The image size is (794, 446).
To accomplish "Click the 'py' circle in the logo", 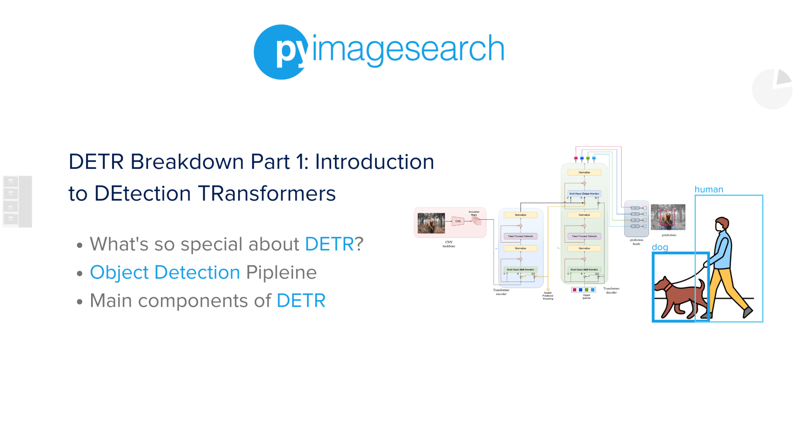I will pyautogui.click(x=281, y=52).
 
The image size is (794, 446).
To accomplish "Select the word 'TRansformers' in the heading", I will pyautogui.click(x=267, y=194).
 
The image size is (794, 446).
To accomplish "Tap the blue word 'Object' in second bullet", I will pyautogui.click(x=119, y=272).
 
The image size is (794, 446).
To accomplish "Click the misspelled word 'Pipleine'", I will pyautogui.click(x=281, y=272).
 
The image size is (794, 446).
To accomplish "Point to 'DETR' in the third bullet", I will pyautogui.click(x=301, y=301).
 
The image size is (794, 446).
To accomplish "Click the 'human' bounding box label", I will pyautogui.click(x=709, y=189).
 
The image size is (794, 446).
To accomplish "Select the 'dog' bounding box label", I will pyautogui.click(x=659, y=247).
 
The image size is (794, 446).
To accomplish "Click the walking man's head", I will pyautogui.click(x=722, y=224).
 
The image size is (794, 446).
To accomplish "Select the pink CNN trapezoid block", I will pyautogui.click(x=458, y=221).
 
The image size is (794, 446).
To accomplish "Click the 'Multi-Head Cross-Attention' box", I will pyautogui.click(x=584, y=193).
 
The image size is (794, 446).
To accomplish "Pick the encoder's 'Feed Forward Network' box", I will pyautogui.click(x=520, y=236).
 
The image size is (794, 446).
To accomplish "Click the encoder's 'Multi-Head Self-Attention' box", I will pyautogui.click(x=520, y=269).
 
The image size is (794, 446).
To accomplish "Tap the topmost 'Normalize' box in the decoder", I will pyautogui.click(x=584, y=172).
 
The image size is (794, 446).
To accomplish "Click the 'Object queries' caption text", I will pyautogui.click(x=586, y=296).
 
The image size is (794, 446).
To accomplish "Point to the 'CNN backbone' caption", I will pyautogui.click(x=449, y=244).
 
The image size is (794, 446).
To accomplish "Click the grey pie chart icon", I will pyautogui.click(x=772, y=89).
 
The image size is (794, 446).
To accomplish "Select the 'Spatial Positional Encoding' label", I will pyautogui.click(x=547, y=296).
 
